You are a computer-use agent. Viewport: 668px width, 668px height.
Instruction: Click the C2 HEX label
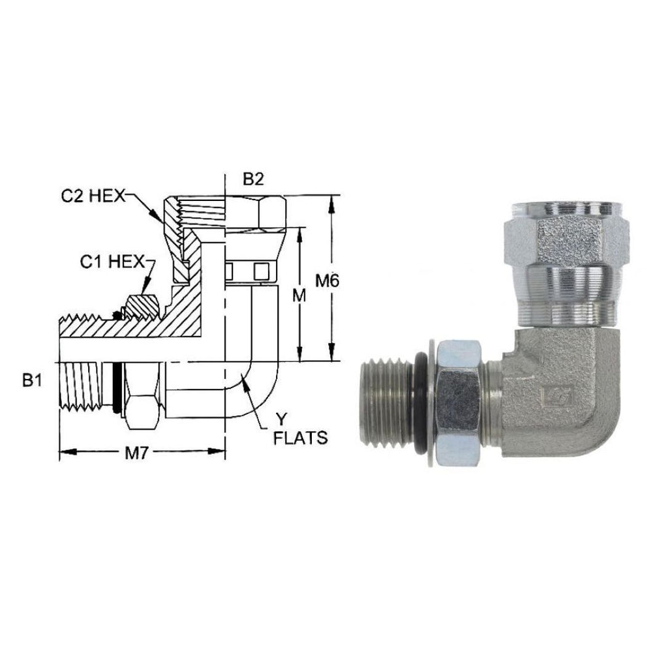93,196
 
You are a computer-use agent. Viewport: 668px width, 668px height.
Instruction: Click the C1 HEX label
113,262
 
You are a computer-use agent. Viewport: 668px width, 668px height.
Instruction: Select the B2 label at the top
254,179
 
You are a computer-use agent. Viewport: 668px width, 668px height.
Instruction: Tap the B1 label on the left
33,380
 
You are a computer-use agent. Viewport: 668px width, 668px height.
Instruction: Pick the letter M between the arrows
299,296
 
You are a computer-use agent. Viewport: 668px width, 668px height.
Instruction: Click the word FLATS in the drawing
300,438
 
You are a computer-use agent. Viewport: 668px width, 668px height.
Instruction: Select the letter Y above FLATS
281,420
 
